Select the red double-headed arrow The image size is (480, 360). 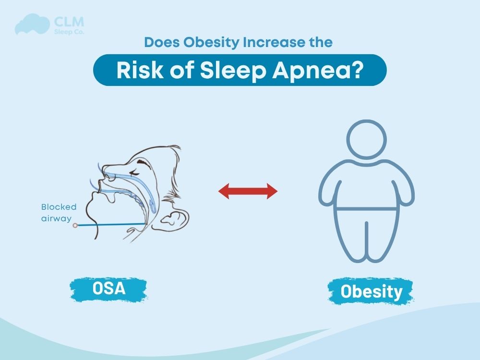pyautogui.click(x=248, y=192)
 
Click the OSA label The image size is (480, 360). pyautogui.click(x=109, y=288)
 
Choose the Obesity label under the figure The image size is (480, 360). pyautogui.click(x=371, y=291)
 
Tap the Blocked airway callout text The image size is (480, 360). pyautogui.click(x=59, y=213)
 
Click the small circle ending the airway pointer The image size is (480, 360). pyautogui.click(x=75, y=225)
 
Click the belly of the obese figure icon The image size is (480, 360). pyautogui.click(x=366, y=192)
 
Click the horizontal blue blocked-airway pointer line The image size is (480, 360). pyautogui.click(x=110, y=224)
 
